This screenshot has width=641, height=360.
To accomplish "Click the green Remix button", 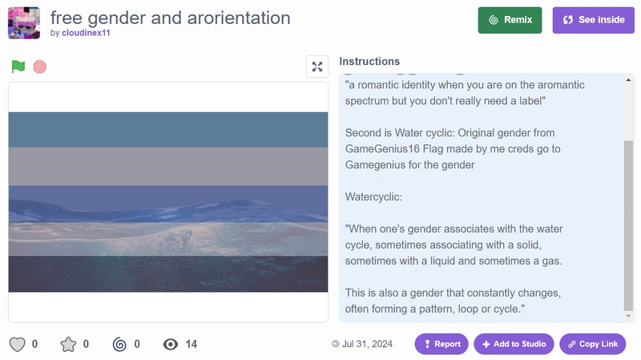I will [x=510, y=20].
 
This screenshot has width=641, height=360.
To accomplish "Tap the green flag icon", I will [x=18, y=67].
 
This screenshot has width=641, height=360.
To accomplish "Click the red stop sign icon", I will [x=39, y=67].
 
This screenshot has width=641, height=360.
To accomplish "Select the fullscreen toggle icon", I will [x=317, y=67].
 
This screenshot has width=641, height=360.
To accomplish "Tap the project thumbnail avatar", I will [x=24, y=23].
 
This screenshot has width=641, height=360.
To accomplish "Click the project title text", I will [x=170, y=18].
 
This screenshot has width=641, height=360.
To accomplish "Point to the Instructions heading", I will [x=369, y=62].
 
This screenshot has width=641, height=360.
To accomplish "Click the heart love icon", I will [x=17, y=344].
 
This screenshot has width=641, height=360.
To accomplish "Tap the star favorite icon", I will [x=69, y=344].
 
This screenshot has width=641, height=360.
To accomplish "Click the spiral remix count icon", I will [x=119, y=344].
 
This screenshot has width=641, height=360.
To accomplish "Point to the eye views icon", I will [x=170, y=344].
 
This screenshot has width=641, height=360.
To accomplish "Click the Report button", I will [x=441, y=344].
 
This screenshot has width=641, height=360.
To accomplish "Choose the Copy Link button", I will [x=593, y=344].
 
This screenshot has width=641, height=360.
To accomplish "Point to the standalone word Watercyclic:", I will [x=373, y=196].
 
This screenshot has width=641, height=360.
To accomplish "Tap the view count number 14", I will [x=191, y=344].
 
